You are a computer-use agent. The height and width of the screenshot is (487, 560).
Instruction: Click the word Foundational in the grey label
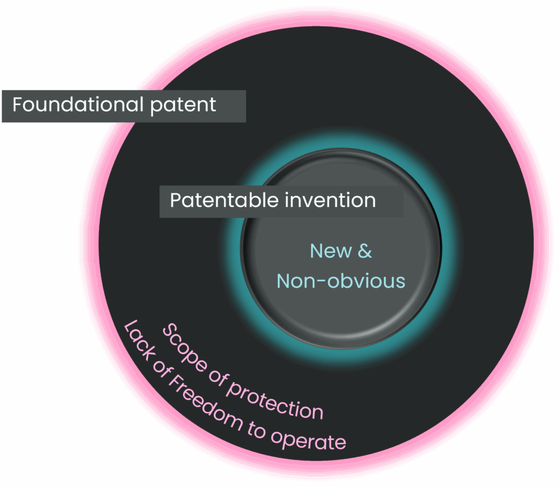[x=78, y=104]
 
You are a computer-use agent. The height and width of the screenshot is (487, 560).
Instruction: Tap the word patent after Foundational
[x=183, y=106]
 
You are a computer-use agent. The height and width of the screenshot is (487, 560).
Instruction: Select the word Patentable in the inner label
[x=224, y=200]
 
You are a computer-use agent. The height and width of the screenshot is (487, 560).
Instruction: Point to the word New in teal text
[x=331, y=251]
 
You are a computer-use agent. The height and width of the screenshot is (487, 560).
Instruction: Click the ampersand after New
[x=365, y=251]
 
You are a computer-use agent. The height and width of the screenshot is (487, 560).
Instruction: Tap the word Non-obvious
[x=341, y=281]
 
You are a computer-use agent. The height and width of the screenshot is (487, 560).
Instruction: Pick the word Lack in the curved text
[x=139, y=338]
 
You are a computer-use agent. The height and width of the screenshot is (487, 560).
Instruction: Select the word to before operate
[x=256, y=430]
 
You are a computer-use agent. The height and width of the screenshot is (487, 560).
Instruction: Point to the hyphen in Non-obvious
[x=322, y=281]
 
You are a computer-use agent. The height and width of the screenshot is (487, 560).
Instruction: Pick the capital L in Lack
[x=130, y=326]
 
